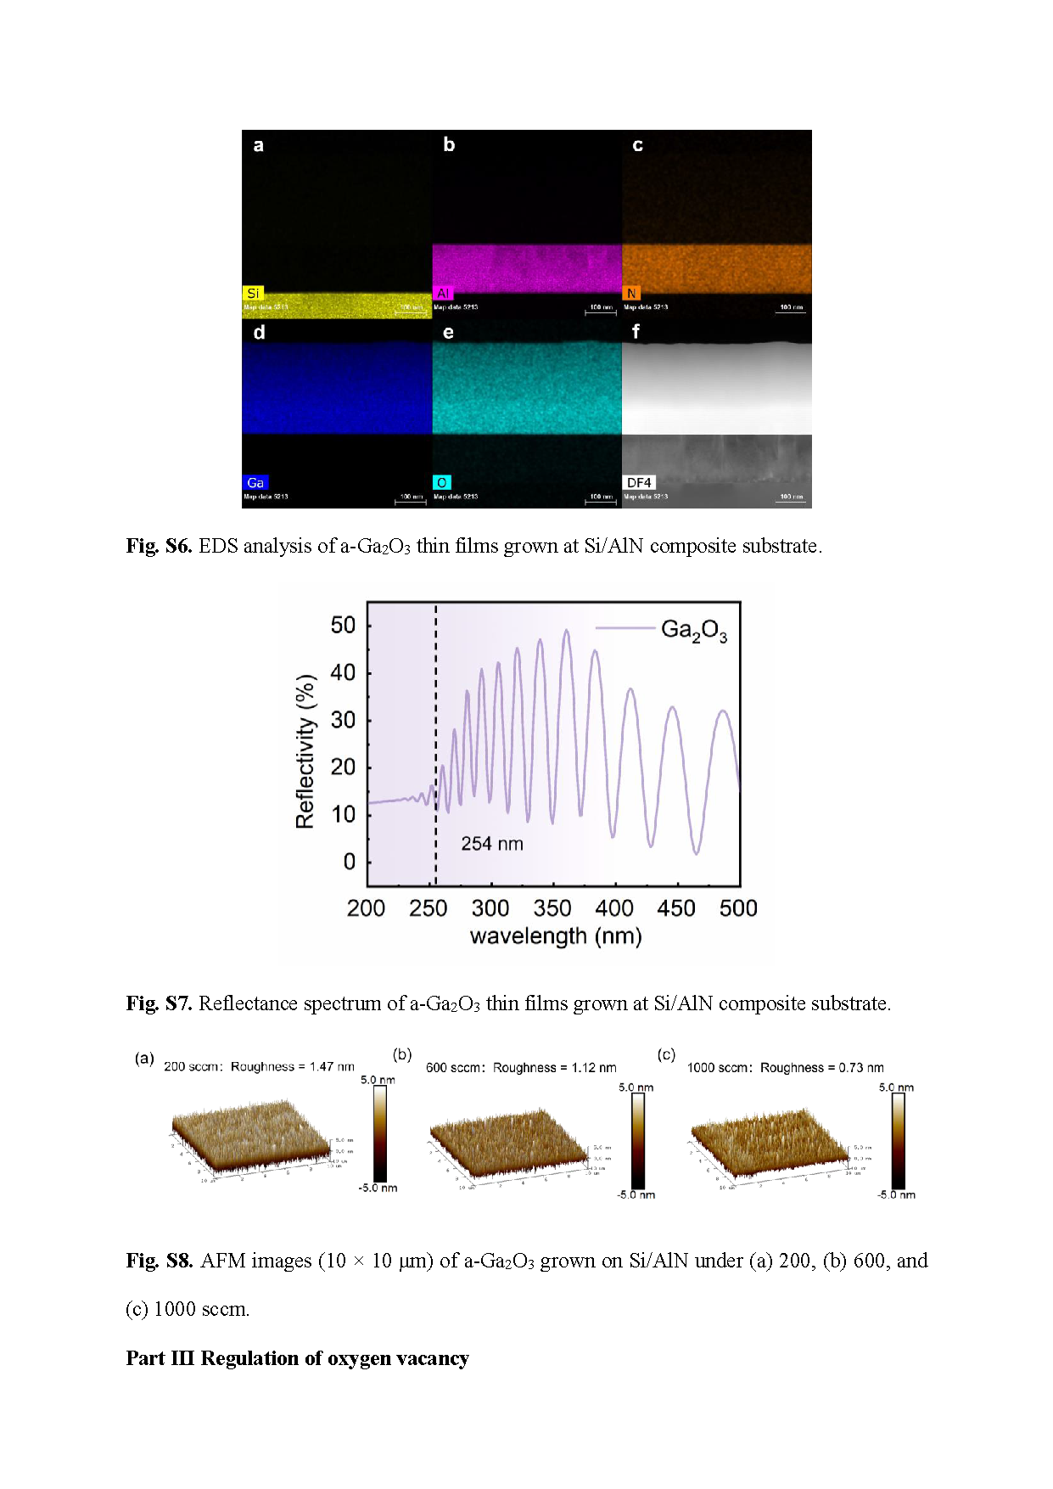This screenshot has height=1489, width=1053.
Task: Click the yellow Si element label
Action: tap(253, 293)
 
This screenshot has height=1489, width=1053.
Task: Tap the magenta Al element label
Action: tap(443, 293)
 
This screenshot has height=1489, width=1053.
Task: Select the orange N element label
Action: tap(631, 293)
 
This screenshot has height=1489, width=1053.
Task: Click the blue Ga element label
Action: tap(255, 482)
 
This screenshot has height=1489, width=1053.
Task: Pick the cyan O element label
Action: tap(441, 482)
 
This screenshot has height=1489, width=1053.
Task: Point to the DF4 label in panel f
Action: tap(639, 482)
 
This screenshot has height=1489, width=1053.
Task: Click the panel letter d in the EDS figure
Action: tap(259, 332)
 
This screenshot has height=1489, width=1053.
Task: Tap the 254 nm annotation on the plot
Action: tap(492, 844)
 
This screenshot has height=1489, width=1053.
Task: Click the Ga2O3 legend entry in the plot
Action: tap(693, 630)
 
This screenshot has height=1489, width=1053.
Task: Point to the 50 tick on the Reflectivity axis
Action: tap(343, 626)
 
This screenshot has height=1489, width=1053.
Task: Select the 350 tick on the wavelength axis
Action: tap(552, 908)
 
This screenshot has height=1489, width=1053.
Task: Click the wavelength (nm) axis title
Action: tap(556, 936)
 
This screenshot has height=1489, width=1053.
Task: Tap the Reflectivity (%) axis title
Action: tap(305, 751)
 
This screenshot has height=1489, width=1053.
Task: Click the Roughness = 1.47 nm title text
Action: tap(293, 1066)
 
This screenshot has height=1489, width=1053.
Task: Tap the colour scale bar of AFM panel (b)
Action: tap(637, 1140)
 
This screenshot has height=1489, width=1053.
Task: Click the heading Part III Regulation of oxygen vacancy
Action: tap(297, 1358)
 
